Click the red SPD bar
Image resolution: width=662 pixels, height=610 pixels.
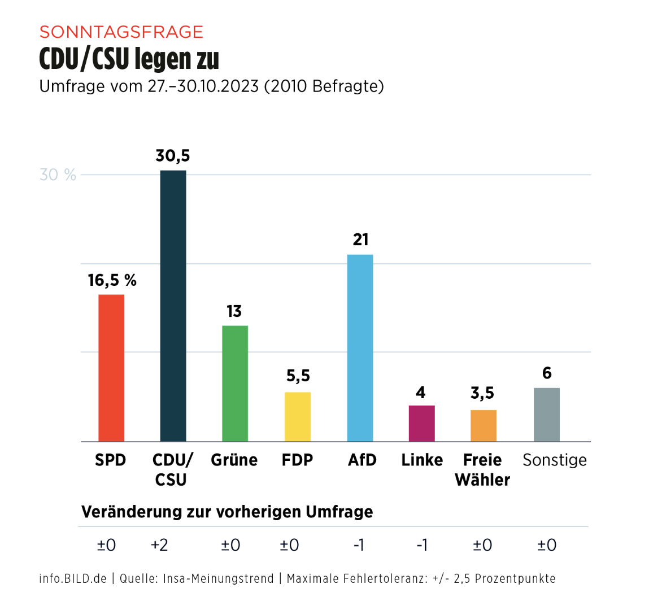(111, 368)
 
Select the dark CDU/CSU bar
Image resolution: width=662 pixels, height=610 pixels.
(173, 306)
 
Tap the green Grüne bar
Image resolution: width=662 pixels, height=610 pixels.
(235, 384)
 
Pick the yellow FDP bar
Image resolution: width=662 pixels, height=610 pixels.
(298, 416)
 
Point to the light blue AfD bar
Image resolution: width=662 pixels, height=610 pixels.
(360, 348)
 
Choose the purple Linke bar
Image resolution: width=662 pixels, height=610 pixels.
(422, 423)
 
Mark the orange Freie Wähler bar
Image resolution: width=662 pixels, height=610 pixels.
(484, 425)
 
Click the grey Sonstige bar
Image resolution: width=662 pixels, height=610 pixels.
(547, 415)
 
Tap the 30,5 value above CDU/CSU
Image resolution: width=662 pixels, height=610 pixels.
(173, 155)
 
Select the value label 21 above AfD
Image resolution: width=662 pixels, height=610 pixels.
(360, 239)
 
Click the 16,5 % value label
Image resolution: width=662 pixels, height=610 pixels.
(112, 280)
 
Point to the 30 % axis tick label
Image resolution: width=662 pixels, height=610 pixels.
(58, 175)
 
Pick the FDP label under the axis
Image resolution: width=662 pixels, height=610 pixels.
(297, 460)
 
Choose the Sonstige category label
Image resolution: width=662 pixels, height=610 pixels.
(555, 460)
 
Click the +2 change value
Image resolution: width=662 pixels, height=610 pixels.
(159, 545)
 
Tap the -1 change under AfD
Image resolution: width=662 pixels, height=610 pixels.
(359, 545)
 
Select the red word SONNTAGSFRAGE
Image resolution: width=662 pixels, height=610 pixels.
(121, 32)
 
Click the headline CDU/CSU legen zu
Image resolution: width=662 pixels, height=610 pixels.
(129, 59)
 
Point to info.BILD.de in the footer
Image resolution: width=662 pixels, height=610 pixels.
(73, 578)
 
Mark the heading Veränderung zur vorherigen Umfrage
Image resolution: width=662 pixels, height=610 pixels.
(227, 512)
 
